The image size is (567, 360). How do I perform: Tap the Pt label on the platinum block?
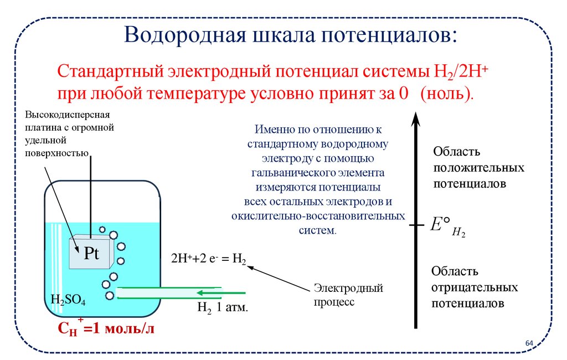[x=91, y=254]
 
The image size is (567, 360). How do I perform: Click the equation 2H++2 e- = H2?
[x=209, y=258]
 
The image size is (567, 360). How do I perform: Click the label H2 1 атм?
[x=222, y=308]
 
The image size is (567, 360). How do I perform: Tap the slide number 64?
[x=529, y=344]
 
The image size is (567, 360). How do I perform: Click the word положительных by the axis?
[x=478, y=167]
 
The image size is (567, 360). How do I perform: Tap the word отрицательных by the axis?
[x=475, y=288]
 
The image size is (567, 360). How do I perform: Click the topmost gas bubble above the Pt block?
[x=102, y=229]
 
